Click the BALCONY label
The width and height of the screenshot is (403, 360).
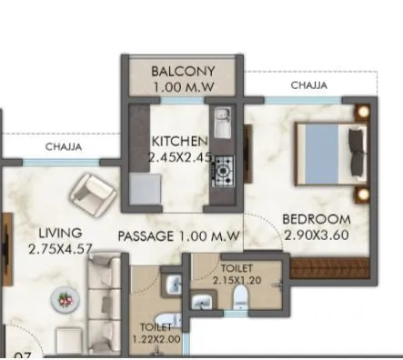182,70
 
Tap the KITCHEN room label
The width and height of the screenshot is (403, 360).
180,142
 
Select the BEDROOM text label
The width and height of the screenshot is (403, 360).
316,219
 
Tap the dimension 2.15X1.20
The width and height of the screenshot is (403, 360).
237,280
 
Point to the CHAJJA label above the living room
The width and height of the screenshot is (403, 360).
64,145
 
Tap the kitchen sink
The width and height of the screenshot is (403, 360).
221,120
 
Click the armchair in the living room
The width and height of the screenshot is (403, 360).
93,194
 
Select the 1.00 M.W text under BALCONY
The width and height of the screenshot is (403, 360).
182,87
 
